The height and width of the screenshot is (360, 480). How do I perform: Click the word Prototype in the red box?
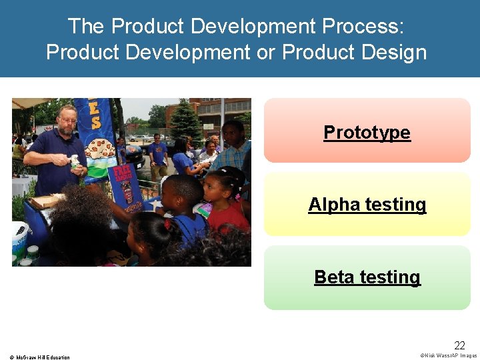pyautogui.click(x=367, y=133)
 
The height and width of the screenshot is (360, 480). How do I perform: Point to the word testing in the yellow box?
pyautogui.click(x=393, y=205)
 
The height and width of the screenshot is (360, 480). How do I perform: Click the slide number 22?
pyautogui.click(x=459, y=345)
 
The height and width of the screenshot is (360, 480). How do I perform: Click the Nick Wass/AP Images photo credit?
pyautogui.click(x=449, y=355)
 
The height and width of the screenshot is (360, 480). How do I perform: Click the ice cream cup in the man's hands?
pyautogui.click(x=74, y=161)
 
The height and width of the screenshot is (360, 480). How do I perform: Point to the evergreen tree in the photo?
pyautogui.click(x=186, y=123)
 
